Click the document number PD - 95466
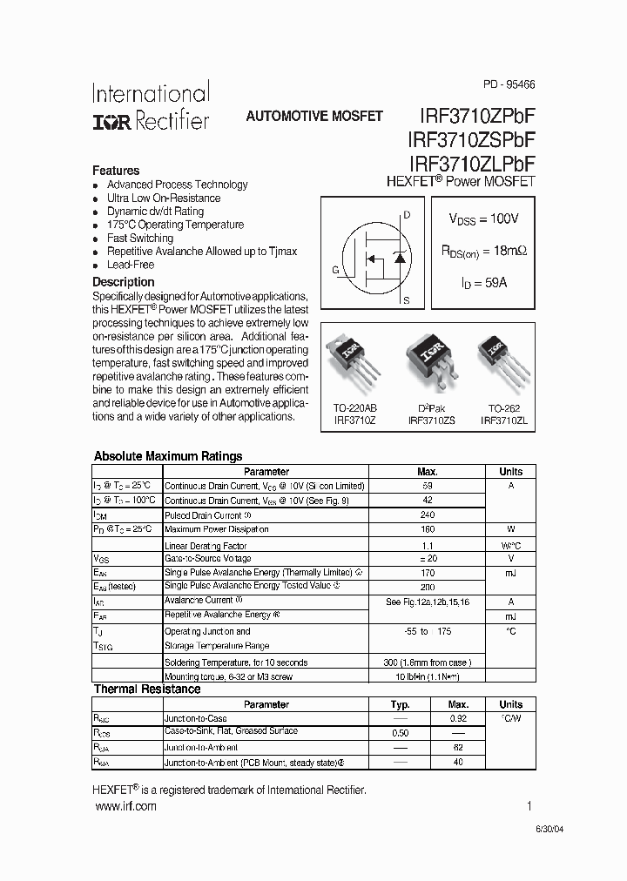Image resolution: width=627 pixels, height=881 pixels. pyautogui.click(x=509, y=85)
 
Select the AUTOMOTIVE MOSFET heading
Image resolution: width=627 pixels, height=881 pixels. pyautogui.click(x=314, y=116)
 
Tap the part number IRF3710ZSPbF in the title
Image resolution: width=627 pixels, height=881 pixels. pyautogui.click(x=470, y=139)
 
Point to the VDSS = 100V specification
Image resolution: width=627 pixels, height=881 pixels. pyautogui.click(x=483, y=219)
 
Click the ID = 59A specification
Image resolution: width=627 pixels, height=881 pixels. pyautogui.click(x=483, y=283)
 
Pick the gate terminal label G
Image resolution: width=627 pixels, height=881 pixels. pyautogui.click(x=335, y=270)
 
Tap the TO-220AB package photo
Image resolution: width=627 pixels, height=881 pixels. pyautogui.click(x=355, y=361)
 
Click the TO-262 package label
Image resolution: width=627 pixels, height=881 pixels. pyautogui.click(x=503, y=408)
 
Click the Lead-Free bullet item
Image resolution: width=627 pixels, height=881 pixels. pyautogui.click(x=130, y=265)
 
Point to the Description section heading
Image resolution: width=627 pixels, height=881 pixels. pyautogui.click(x=123, y=282)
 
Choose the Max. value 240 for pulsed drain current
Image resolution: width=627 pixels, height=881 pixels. pyautogui.click(x=428, y=514)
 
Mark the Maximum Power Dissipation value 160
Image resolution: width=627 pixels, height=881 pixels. pyautogui.click(x=428, y=529)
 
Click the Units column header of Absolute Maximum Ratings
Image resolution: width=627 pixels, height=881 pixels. pyautogui.click(x=510, y=471)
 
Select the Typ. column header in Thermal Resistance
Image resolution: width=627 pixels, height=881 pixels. pyautogui.click(x=400, y=704)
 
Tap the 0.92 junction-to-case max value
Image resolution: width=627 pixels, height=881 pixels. pyautogui.click(x=458, y=719)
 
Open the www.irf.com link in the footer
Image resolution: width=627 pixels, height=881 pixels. pyautogui.click(x=125, y=807)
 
